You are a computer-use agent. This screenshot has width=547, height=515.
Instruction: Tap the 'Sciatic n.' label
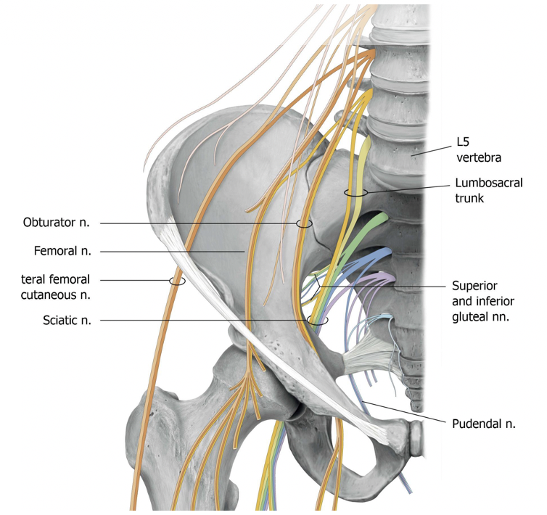(66, 321)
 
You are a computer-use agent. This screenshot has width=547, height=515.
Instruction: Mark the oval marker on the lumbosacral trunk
(356, 193)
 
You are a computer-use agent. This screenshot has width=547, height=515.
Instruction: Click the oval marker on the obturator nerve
(304, 223)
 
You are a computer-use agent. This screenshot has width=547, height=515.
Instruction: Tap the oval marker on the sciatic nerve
(317, 320)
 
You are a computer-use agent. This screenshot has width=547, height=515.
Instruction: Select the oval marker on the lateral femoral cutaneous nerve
(177, 280)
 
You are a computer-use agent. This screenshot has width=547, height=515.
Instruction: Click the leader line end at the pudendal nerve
(365, 401)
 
